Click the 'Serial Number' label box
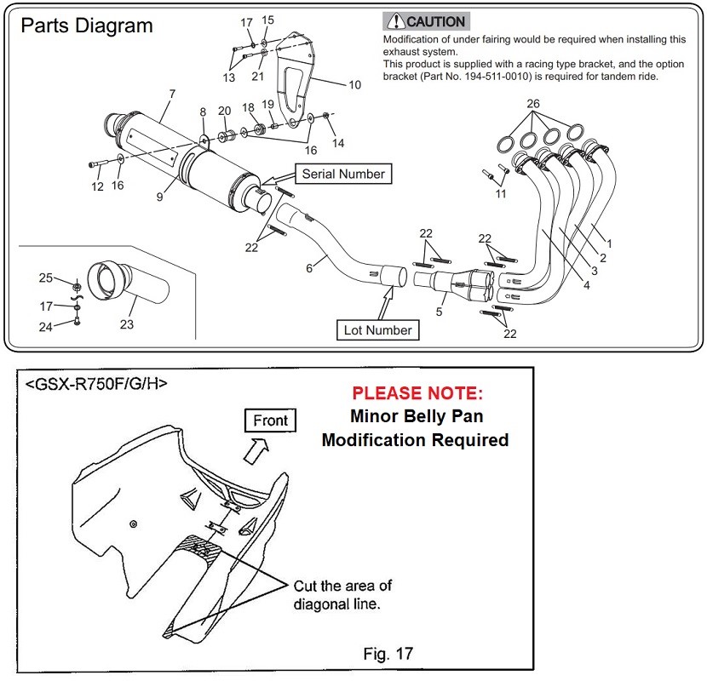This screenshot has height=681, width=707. pos(343,174)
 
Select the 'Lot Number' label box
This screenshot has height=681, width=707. pos(378,330)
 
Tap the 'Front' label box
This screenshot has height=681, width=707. pos(270,421)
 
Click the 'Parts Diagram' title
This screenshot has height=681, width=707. pos(87,26)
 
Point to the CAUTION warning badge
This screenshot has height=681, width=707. pos(426,21)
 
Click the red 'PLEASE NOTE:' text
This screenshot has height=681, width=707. pos(417,393)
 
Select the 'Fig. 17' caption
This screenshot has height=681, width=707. pos(388,653)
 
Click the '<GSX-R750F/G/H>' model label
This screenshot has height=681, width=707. pos(96,384)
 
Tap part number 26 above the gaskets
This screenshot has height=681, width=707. pos(533,104)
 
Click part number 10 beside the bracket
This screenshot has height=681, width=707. pos(355,85)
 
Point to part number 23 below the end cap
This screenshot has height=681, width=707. pos(127,324)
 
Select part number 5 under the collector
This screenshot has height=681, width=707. pos(440,312)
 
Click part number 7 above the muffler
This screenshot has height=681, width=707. pos(172,94)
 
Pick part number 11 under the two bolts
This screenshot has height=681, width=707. pos(501,194)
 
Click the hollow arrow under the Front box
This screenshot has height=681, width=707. pos(256,450)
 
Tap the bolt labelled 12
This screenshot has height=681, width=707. pos(97,164)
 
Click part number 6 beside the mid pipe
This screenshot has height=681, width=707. pos(309,268)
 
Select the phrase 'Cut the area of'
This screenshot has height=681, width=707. pos(342,586)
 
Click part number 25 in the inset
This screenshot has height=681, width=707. pos(45,278)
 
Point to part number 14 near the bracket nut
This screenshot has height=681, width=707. pos(338,143)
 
